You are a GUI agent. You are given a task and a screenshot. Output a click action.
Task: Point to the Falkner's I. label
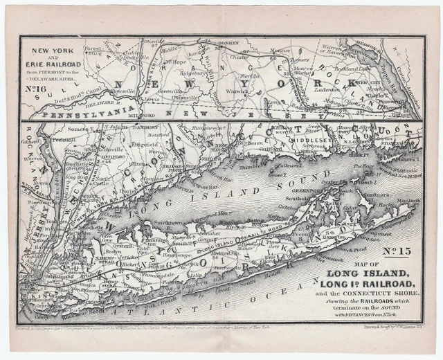point(291,164)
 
